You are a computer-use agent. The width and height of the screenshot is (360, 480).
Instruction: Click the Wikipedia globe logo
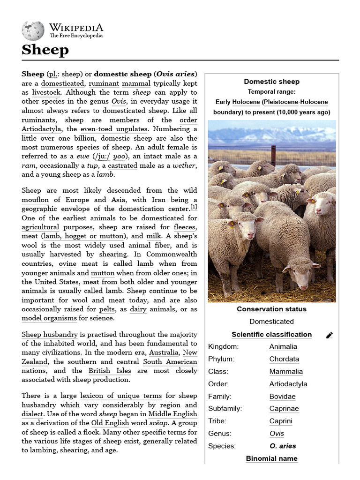tap(32, 30)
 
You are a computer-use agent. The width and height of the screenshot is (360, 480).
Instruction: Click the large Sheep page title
tap(45, 50)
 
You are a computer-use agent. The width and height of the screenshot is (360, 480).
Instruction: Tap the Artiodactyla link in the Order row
tap(288, 384)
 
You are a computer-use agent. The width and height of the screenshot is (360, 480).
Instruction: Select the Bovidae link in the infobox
tap(282, 396)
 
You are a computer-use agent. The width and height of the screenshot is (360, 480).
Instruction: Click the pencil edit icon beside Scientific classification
tap(330, 335)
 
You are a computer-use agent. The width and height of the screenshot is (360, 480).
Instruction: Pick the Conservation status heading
tap(271, 309)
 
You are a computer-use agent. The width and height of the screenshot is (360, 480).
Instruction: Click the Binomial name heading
tap(271, 458)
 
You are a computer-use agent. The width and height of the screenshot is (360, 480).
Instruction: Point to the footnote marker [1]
tap(194, 207)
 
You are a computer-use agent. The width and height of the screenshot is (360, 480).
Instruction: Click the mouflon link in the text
tap(35, 200)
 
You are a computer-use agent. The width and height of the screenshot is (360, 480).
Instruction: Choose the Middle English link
tap(172, 414)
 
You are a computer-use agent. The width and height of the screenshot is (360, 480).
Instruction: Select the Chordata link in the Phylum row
tap(284, 359)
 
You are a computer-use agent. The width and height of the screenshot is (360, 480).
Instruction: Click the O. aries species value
tap(283, 446)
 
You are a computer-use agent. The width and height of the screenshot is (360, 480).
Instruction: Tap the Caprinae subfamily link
tap(284, 409)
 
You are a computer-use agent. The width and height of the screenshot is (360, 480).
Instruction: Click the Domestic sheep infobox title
tap(271, 82)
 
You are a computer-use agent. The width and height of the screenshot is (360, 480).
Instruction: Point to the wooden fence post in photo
tap(273, 155)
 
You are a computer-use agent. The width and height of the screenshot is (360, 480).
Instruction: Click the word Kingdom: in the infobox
tap(223, 347)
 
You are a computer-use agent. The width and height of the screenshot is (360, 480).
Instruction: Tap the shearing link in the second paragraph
tap(113, 254)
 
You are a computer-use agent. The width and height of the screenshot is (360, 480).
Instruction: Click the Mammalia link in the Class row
tap(285, 372)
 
